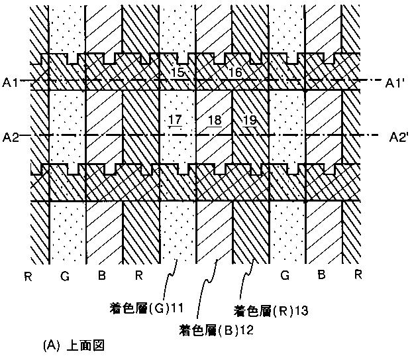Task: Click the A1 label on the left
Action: pos(10,82)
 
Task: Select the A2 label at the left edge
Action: pos(10,137)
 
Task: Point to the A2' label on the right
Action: pos(397,137)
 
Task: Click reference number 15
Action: pos(178,72)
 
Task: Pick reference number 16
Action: pos(235,72)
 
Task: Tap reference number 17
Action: pos(176,120)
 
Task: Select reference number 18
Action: pos(214,120)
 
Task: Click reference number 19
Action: pos(250,120)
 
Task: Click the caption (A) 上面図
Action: pos(74,345)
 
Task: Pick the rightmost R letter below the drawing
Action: pos(357,275)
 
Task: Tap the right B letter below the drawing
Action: pos(321,275)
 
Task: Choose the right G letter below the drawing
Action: pos(285,275)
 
